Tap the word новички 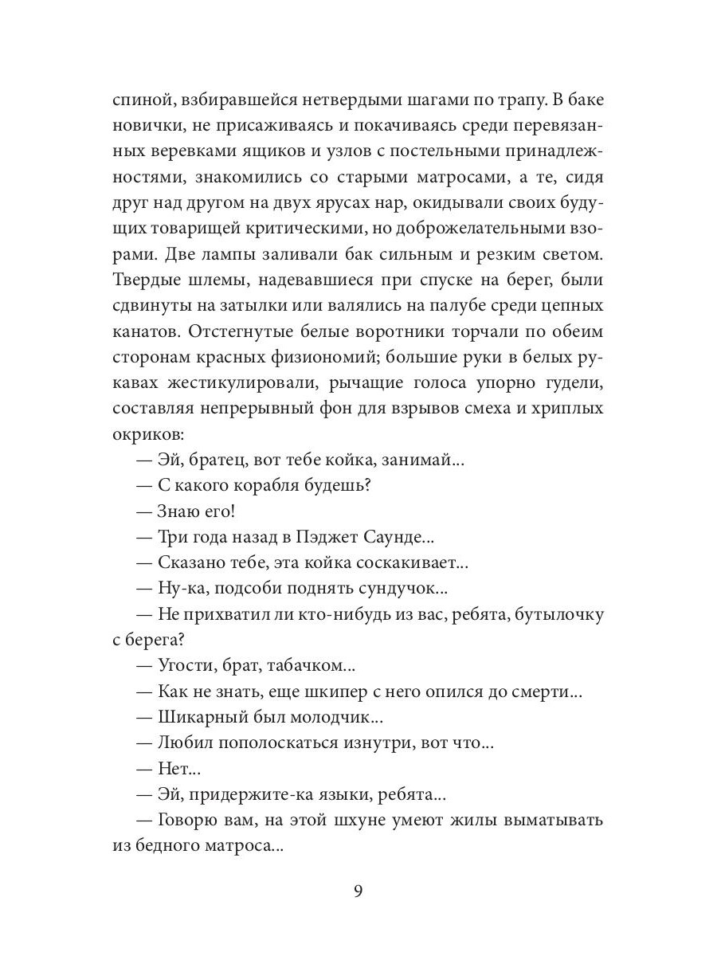click(x=146, y=128)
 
